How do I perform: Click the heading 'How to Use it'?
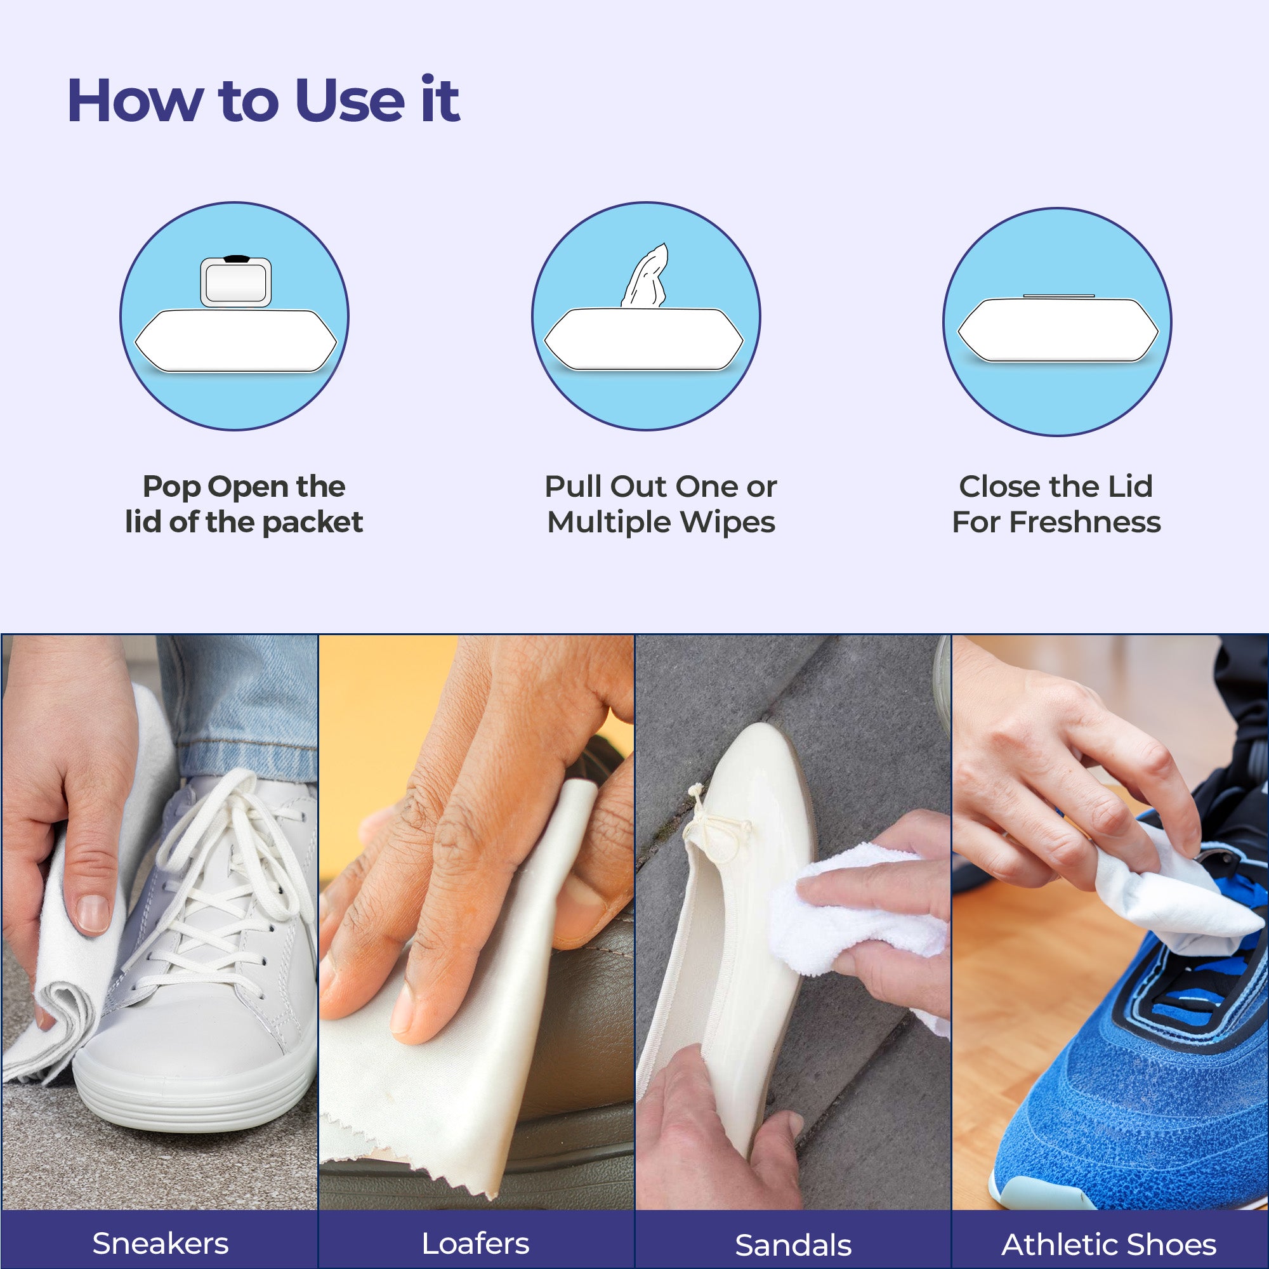263,100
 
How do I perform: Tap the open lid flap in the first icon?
236,281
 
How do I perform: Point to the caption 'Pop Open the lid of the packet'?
244,504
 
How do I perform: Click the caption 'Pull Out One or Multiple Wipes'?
661,504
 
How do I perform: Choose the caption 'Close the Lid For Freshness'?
1056,504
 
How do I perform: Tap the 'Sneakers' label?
161,1244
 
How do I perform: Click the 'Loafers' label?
475,1244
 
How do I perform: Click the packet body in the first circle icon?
236,340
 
